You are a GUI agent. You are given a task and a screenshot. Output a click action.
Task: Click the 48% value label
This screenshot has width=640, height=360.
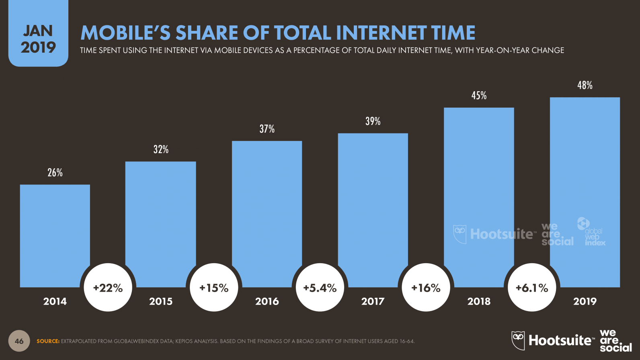point(585,85)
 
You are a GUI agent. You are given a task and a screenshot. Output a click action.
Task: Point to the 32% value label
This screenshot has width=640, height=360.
point(161,149)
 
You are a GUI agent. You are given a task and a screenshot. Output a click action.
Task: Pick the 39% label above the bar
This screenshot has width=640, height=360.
point(373,121)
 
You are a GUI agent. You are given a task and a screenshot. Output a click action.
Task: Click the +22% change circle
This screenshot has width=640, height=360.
point(108,288)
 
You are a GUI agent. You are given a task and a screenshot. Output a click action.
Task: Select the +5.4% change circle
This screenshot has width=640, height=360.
point(320,288)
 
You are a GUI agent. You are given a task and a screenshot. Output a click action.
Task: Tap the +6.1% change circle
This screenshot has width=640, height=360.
point(531,288)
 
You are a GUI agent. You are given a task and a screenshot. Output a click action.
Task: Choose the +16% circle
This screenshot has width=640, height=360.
point(426,288)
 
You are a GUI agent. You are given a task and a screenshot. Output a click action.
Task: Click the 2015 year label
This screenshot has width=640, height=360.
point(161,301)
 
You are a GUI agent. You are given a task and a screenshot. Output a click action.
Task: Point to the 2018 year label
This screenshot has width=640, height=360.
point(479,301)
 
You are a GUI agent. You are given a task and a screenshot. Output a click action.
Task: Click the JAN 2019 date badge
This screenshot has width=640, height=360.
point(38,39)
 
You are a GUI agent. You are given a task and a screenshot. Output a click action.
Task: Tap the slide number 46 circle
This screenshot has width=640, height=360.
point(19,341)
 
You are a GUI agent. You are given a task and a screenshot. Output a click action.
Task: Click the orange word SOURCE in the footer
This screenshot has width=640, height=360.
point(48,341)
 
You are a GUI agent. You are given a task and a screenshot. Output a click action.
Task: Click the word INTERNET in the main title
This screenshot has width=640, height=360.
point(381,33)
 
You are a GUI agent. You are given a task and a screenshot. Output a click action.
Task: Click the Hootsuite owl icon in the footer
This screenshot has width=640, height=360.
point(518,340)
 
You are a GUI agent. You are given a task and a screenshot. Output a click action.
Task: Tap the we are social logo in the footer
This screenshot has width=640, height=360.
point(615,340)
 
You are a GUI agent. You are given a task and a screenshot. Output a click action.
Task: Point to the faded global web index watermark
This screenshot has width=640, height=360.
point(591,232)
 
